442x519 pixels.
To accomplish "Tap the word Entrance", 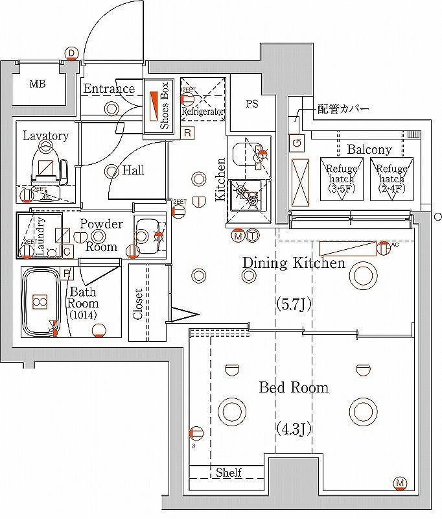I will click(x=109, y=88).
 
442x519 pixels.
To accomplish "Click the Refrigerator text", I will click(x=203, y=112).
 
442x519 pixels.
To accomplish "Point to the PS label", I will click(x=252, y=104).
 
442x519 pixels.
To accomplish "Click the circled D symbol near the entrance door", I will click(x=71, y=53).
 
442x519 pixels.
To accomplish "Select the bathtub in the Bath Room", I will click(x=40, y=302).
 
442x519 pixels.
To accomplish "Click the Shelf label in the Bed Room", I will click(x=229, y=472).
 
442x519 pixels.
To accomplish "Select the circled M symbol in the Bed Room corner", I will click(x=400, y=482).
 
